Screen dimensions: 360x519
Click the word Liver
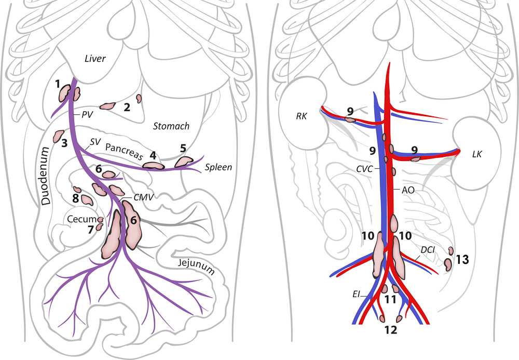(x=95, y=59)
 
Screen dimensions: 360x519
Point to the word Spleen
(x=218, y=167)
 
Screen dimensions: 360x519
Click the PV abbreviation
(x=87, y=114)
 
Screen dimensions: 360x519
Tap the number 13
(x=462, y=259)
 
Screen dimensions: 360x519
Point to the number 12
(x=390, y=330)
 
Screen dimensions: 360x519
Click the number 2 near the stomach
(x=126, y=108)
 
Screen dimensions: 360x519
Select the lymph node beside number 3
(x=58, y=136)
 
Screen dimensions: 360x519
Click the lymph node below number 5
(x=183, y=162)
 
